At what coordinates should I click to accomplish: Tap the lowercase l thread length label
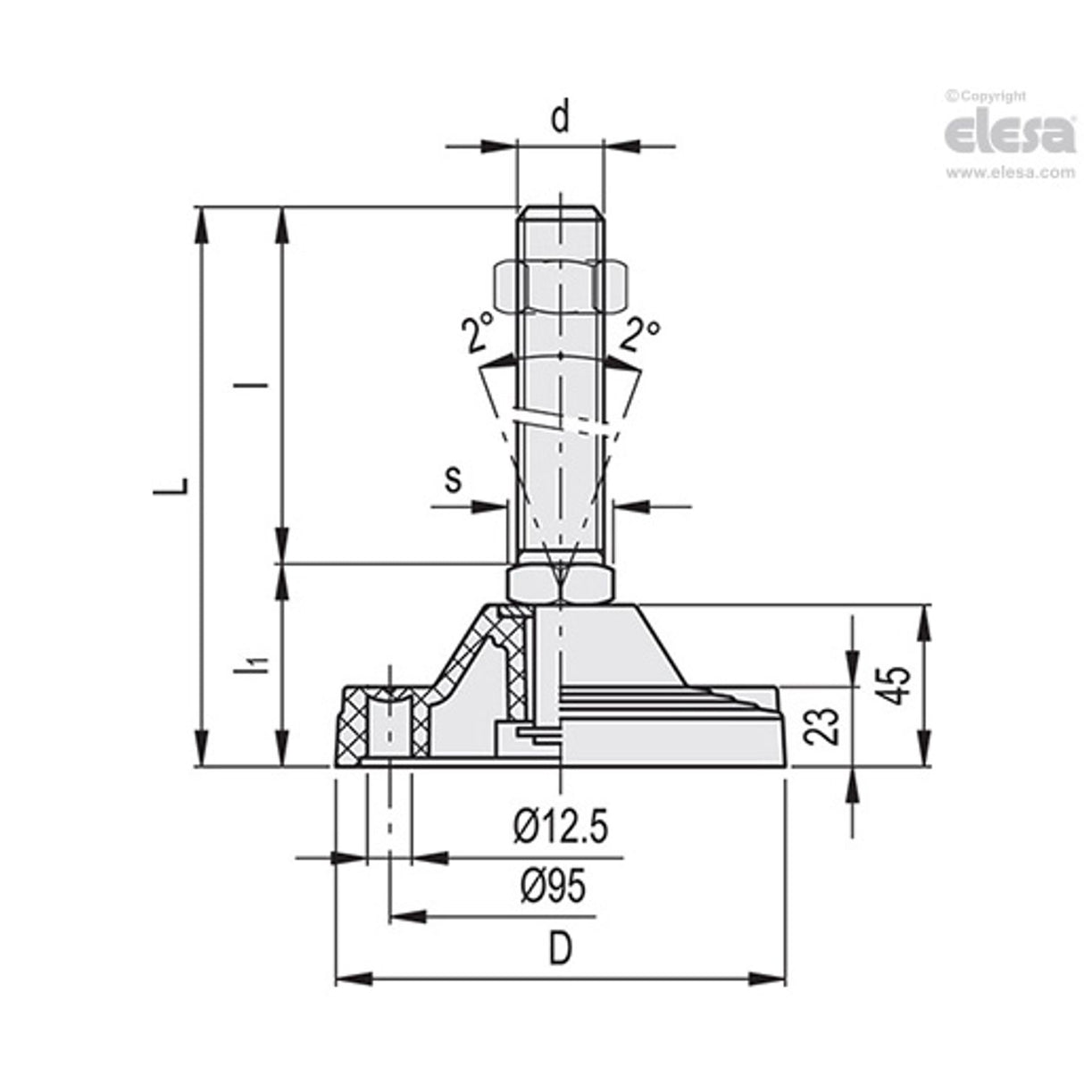tap(260, 386)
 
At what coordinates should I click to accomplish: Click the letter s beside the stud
tap(454, 479)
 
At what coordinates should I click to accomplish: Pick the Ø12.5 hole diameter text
tap(561, 828)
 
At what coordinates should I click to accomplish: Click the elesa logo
tap(1010, 134)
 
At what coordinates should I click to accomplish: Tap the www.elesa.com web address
tap(1010, 172)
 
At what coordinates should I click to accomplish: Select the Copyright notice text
tap(986, 96)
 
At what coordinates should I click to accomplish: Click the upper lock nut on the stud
tap(559, 286)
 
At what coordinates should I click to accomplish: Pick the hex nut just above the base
tap(559, 584)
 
